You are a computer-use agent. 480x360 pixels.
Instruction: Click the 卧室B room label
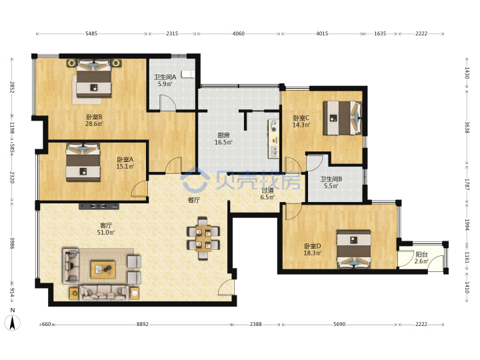coord(94,117)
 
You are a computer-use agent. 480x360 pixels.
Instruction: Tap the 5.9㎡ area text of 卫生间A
coord(165,84)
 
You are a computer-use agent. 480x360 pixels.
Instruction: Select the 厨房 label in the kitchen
coord(223,135)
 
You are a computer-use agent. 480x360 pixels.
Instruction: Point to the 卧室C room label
coord(301,118)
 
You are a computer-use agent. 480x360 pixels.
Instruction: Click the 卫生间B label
coord(331,179)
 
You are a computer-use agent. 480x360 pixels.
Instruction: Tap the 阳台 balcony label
coord(421,254)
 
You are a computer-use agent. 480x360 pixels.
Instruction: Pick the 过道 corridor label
coord(267,191)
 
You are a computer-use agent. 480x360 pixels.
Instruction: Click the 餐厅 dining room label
coord(194,200)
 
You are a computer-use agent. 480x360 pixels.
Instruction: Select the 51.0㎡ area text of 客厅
coord(106,233)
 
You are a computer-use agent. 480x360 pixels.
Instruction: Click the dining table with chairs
coord(203,238)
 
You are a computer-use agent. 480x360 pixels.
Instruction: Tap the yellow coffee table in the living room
coord(103,270)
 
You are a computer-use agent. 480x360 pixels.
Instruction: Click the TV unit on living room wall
coord(99,206)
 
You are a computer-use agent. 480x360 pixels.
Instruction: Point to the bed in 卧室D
coord(354,249)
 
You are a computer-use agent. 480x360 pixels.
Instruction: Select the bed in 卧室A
coord(83,162)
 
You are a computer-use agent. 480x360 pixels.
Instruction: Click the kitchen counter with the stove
coord(274,139)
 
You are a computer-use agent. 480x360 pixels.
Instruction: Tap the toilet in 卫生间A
coord(187,74)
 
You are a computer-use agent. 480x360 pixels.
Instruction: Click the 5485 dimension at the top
coord(91,33)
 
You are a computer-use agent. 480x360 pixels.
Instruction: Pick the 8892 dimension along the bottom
coord(143,324)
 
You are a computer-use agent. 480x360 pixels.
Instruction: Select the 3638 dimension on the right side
coord(467,127)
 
